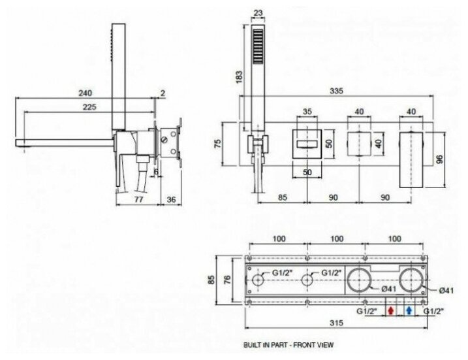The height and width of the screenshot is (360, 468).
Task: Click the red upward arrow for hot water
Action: point(390,311)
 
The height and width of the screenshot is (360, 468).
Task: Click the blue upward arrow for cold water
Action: point(409,311)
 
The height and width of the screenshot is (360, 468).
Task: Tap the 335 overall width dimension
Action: point(336,91)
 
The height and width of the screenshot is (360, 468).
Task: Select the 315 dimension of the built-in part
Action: point(336,323)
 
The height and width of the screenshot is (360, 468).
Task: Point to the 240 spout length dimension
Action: point(85,93)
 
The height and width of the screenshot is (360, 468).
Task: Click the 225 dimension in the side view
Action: point(89,106)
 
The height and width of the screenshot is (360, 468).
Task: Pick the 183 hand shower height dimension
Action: point(240,76)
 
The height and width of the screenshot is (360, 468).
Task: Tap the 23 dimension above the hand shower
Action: point(258,14)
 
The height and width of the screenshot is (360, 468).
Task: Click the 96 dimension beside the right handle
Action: point(439,159)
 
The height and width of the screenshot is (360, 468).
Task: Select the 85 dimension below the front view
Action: point(283,197)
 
